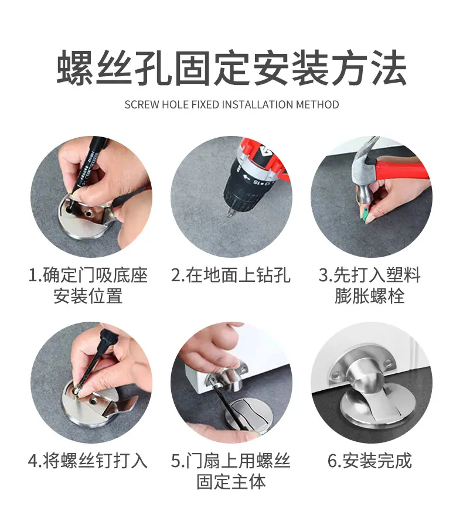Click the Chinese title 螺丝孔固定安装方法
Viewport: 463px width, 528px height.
(231, 67)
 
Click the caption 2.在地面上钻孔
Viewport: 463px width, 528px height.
(231, 275)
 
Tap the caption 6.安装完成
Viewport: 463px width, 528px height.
(370, 461)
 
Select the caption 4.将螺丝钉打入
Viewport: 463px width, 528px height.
(88, 461)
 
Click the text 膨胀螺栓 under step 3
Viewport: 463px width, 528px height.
(370, 297)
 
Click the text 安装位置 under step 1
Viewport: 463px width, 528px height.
(88, 297)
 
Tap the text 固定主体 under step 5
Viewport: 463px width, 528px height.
(231, 482)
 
